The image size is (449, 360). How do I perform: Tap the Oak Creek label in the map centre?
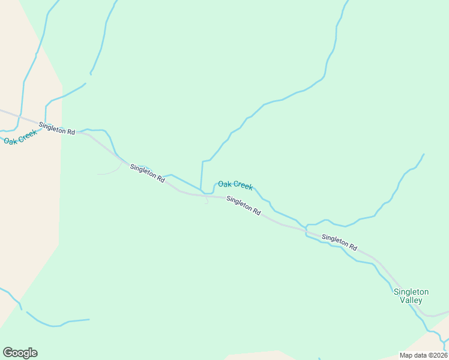coord(235,185)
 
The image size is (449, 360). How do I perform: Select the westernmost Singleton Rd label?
coord(56,128)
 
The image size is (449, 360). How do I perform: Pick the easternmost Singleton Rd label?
coord(339,242)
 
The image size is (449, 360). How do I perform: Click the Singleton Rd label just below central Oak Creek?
coord(244,205)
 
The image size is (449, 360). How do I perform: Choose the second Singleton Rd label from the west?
coord(147,173)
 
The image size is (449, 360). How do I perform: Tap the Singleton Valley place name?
coord(411,296)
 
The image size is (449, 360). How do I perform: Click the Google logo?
coord(20,353)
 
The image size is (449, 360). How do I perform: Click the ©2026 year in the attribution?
coord(438,355)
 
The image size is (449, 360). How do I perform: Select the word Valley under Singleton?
coord(411,300)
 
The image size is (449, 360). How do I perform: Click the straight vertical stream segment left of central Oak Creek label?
coord(202,174)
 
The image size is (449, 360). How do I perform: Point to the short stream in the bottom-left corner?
coord(57,325)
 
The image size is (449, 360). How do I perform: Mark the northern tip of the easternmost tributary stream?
coord(424,154)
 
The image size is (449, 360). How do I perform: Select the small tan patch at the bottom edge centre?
coord(252,355)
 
